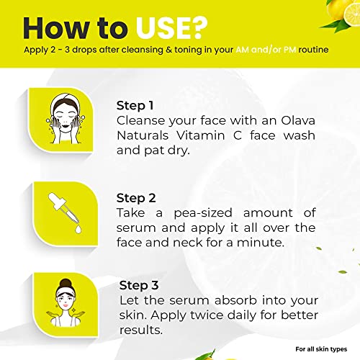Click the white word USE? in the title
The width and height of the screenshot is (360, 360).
[x=171, y=28]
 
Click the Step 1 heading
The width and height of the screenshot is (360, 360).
[x=135, y=106]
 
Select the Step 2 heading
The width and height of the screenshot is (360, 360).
[x=136, y=198]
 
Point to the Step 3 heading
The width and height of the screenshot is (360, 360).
[x=139, y=285]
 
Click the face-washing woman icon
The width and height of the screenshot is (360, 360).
[x=65, y=119]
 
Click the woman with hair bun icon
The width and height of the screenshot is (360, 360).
[x=66, y=303]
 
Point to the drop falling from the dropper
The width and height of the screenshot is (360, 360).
[x=78, y=229]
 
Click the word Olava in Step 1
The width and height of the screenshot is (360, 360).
[x=298, y=120]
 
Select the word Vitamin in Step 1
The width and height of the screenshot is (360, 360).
[x=201, y=135]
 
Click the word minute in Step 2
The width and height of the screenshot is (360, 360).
[x=261, y=243]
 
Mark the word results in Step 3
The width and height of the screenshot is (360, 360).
[x=141, y=330]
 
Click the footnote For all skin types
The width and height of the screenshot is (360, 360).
[x=321, y=349]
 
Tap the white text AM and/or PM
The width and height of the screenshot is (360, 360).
[x=266, y=50]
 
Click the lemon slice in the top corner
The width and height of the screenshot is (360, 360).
[x=352, y=14]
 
